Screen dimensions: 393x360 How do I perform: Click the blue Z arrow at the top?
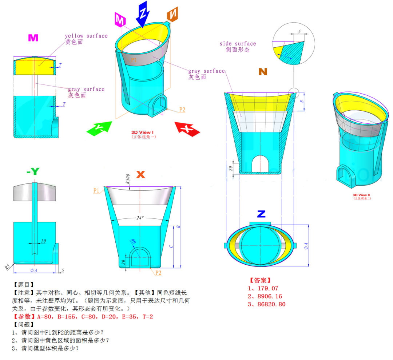pyautogui.click(x=143, y=14)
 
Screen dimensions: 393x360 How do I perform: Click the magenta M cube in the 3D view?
pyautogui.click(x=120, y=19)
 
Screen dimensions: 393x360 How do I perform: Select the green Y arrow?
pyautogui.click(x=99, y=128)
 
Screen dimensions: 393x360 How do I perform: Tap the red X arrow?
pyautogui.click(x=187, y=129)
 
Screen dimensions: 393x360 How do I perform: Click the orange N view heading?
pyautogui.click(x=263, y=72)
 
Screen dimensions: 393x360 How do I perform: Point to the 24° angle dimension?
pyautogui.click(x=140, y=218)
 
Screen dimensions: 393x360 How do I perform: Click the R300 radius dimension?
pyautogui.click(x=128, y=179)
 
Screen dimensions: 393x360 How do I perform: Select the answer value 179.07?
pyautogui.click(x=268, y=288)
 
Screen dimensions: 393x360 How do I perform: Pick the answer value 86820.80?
pyautogui.click(x=271, y=304)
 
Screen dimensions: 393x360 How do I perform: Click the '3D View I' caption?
pyautogui.click(x=142, y=132)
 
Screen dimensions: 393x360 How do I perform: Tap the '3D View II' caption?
pyautogui.click(x=361, y=195)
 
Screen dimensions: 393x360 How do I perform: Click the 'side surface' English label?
pyautogui.click(x=238, y=44)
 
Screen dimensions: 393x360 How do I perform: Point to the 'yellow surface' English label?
pyautogui.click(x=86, y=36)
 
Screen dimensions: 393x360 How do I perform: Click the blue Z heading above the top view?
pyautogui.click(x=261, y=214)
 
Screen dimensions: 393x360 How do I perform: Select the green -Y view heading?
pyautogui.click(x=33, y=171)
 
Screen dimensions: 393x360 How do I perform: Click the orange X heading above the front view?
pyautogui.click(x=140, y=174)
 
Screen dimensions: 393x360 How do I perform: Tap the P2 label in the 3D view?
pyautogui.click(x=182, y=110)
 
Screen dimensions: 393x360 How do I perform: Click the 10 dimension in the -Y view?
pyautogui.click(x=43, y=241)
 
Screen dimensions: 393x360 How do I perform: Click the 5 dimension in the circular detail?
pyautogui.click(x=299, y=32)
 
